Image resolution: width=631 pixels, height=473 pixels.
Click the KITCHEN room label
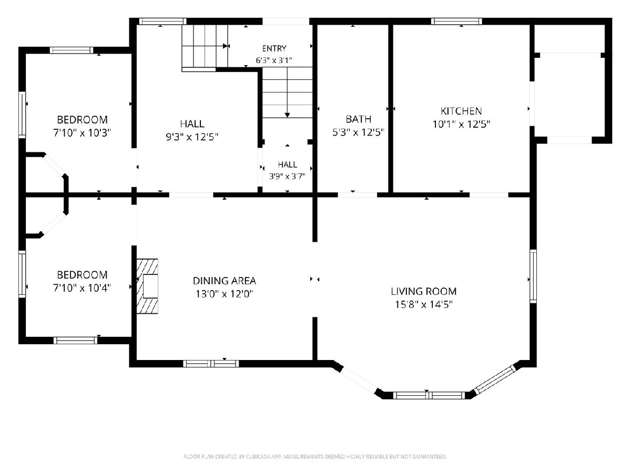461,111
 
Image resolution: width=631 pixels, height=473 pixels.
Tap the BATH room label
359,119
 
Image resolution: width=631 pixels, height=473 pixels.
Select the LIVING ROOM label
423,291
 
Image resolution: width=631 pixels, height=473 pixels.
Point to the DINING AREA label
224,281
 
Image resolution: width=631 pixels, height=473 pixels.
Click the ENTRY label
274,48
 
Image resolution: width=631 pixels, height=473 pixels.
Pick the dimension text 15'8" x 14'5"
423,304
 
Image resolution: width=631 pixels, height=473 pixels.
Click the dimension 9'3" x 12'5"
192,137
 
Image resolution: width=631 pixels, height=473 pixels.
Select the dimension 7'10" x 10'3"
82,133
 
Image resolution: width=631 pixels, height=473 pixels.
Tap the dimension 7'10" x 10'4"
82,288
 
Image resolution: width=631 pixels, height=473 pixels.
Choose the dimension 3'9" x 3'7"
287,176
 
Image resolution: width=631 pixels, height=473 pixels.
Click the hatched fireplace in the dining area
147,286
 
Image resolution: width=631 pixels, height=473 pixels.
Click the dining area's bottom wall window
211,364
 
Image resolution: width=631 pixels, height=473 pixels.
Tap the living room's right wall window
533,276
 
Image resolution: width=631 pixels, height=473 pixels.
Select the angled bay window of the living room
495,380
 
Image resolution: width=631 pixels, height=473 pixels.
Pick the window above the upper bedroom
72,50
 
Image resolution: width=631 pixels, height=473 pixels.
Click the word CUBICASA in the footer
258,457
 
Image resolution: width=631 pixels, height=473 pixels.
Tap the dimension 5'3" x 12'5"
359,132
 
